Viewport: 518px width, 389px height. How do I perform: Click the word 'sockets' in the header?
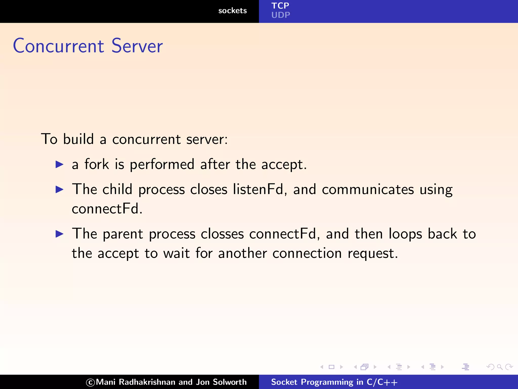[x=232, y=11]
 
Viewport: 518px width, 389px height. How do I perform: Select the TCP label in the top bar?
[x=280, y=6]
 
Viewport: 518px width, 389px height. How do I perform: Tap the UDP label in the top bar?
[x=280, y=15]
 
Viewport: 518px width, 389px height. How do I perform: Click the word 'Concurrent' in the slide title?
[x=58, y=46]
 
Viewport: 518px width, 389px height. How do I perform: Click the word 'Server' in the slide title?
[x=137, y=46]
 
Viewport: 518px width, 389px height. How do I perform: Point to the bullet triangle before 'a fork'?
[x=59, y=164]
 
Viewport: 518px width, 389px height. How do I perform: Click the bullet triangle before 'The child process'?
[x=59, y=189]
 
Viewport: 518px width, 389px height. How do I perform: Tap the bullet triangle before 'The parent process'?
[x=59, y=234]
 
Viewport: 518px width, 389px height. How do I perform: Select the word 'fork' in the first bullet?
[x=97, y=164]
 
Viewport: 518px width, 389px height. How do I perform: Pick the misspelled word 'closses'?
[x=222, y=234]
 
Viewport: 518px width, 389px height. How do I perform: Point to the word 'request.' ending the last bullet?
[x=373, y=253]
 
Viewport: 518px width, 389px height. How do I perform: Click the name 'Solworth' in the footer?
[x=230, y=382]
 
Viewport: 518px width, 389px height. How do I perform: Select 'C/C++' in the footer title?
[x=382, y=382]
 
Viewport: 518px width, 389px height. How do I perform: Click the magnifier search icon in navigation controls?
[x=500, y=367]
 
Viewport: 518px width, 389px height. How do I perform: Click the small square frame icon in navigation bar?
[x=331, y=367]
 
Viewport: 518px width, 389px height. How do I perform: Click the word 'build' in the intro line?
[x=78, y=139]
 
